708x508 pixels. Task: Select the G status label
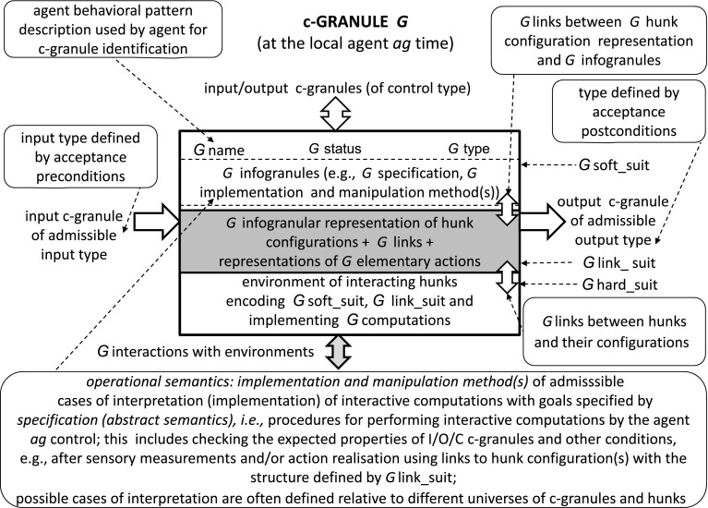(x=341, y=148)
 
